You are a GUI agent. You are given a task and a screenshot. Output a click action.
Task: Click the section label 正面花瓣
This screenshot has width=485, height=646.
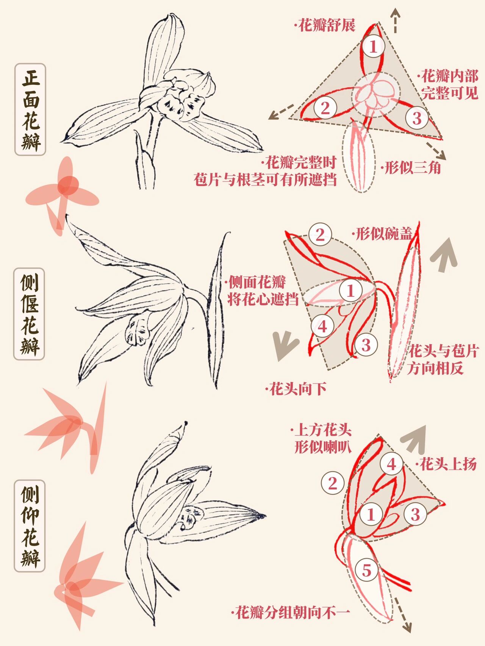pos(30,109)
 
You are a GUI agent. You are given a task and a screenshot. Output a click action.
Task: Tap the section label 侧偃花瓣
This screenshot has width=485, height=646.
pos(30,314)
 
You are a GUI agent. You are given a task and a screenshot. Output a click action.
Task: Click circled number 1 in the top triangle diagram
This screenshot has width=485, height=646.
pos(373,47)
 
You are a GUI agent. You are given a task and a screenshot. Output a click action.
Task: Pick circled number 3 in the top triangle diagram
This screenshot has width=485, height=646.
pos(417,118)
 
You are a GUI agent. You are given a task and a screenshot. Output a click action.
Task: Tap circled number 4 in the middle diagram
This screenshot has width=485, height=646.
pos(322,326)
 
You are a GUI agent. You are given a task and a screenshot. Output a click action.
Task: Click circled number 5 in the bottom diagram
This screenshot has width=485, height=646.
pos(366,570)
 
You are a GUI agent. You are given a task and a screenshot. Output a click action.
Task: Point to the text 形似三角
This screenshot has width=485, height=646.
pos(412,167)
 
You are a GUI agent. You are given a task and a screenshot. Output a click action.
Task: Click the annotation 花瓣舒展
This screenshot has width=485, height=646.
pos(325,26)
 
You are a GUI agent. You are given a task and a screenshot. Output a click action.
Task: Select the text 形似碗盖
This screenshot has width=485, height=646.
pos(382,234)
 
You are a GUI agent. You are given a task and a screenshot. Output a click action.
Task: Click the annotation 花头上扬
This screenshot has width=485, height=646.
pos(447,464)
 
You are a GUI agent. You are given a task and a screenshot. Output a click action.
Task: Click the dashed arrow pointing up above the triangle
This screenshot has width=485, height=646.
pos(396,20)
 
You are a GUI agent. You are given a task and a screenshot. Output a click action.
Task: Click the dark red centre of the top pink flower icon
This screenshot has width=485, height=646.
pos(68,185)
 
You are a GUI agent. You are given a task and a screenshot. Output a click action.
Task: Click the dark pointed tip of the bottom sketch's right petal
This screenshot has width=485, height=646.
pos(262,516)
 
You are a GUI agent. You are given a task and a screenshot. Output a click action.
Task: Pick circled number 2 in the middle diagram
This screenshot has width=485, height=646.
pos(320,235)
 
